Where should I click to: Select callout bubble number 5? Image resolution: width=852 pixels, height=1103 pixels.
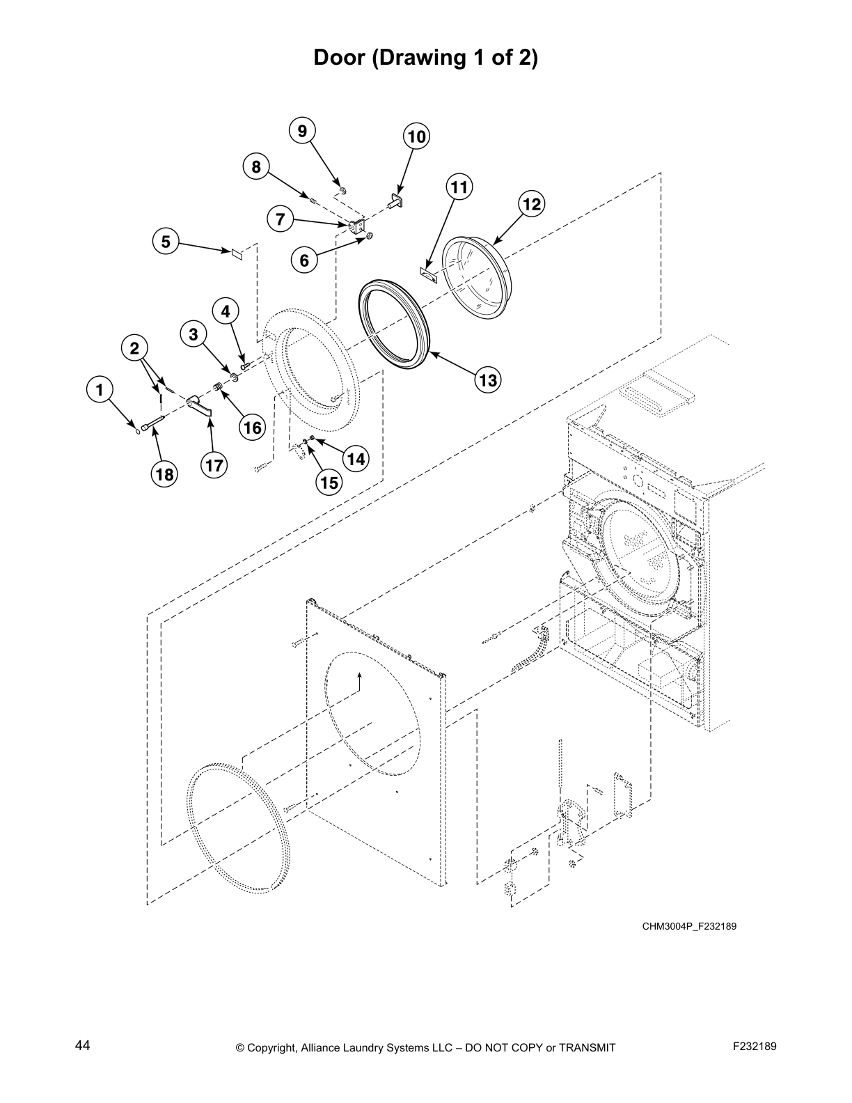tap(166, 242)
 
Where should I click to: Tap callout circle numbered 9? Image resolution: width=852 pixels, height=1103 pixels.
tap(301, 131)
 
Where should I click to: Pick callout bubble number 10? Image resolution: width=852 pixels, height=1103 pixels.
tap(416, 136)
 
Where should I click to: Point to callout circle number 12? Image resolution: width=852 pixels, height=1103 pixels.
tap(531, 204)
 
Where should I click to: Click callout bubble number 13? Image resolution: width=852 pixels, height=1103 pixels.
tap(488, 380)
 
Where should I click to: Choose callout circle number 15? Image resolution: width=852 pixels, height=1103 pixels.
tap(328, 482)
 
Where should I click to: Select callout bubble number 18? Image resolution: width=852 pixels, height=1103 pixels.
tap(164, 474)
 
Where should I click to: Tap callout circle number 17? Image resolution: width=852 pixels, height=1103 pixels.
tap(214, 464)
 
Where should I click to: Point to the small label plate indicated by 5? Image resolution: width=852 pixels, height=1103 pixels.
tap(236, 253)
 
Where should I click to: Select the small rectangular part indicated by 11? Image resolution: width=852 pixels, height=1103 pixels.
tap(427, 274)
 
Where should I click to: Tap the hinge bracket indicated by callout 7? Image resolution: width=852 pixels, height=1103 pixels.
tap(358, 226)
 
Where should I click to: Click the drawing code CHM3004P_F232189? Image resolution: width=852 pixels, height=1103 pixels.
tap(688, 926)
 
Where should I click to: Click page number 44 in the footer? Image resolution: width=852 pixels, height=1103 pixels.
tap(82, 1045)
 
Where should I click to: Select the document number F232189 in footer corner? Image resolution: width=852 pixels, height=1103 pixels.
tap(754, 1045)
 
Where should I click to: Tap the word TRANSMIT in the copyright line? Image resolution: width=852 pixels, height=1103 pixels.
tap(583, 1047)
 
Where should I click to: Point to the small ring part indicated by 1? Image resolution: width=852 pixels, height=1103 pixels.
tap(138, 430)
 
